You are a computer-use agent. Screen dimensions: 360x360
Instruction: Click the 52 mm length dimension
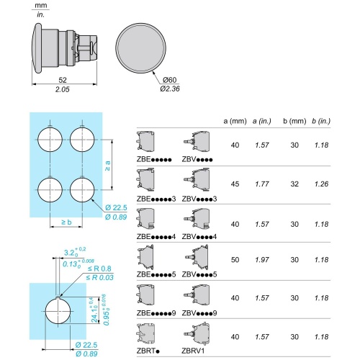63,80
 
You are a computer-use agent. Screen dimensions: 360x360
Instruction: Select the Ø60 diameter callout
169,80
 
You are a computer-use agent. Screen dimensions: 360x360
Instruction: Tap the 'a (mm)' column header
235,121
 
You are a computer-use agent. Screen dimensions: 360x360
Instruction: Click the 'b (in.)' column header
321,121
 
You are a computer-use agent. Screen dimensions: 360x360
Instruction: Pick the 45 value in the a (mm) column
235,184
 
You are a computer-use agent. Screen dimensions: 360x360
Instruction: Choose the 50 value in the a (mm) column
235,260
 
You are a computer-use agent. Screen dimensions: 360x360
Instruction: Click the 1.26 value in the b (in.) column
321,184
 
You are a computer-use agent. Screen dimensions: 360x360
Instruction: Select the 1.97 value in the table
262,260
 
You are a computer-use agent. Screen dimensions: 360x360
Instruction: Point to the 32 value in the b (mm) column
294,184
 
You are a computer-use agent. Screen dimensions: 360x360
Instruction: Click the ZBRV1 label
193,351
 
